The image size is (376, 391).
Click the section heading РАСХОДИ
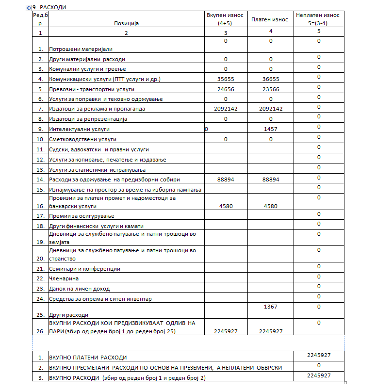pos(53,7)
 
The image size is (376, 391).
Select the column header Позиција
pos(126,23)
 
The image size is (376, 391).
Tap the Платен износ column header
pos(270,19)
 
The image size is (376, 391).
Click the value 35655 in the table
pos(226,79)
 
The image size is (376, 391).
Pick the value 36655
pos(271,79)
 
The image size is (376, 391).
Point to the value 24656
pos(226,89)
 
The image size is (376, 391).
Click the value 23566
pos(271,89)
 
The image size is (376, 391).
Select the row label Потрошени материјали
pos(81,49)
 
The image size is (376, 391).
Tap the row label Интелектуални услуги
pos(80,130)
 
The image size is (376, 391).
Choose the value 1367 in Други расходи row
pos(271,307)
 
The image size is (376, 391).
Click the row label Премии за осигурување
pos(82,216)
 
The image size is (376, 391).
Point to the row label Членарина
pos(64,278)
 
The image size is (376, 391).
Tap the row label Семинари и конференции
pos(85,269)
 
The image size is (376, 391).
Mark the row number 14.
pos(41,179)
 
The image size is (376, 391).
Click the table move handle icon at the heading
pos(34,7)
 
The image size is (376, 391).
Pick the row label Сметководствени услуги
pos(83,139)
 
